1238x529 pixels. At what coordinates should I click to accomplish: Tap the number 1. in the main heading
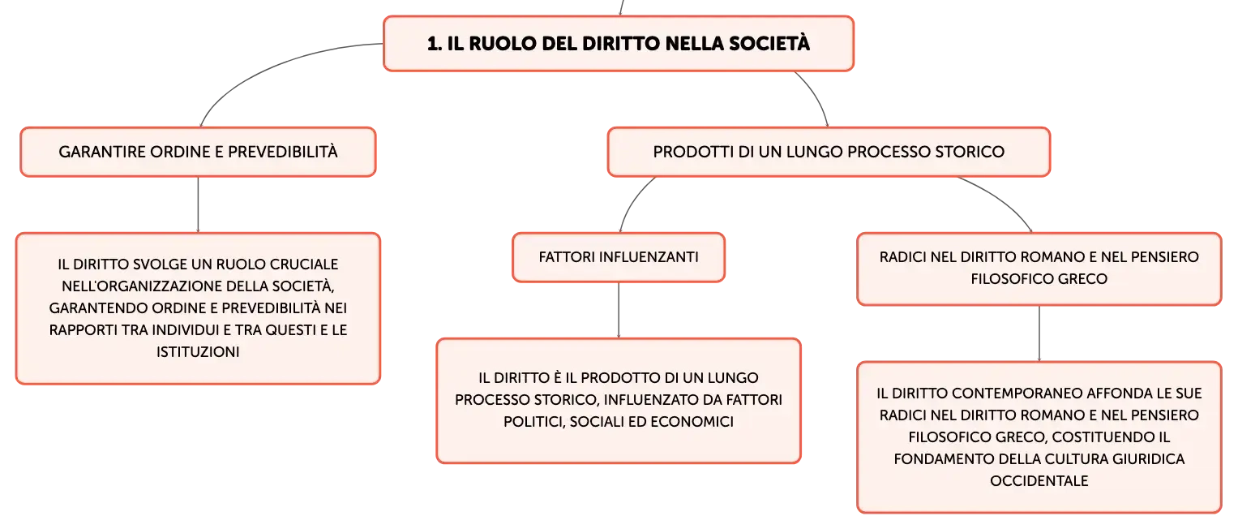(435, 44)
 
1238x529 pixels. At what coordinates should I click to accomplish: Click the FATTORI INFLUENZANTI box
(619, 257)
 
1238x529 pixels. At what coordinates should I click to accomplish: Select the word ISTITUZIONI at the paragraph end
(198, 352)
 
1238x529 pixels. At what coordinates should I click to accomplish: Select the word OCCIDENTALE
(1039, 481)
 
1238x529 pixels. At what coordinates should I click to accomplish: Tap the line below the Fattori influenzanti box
(619, 310)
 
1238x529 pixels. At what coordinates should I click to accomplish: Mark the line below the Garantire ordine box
(198, 204)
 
